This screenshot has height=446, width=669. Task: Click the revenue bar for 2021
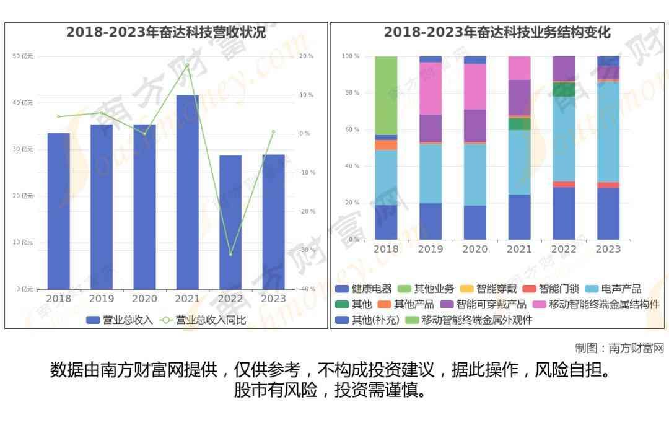point(188,192)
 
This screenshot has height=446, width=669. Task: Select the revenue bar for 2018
point(59,211)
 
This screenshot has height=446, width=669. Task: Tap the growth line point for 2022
point(230,255)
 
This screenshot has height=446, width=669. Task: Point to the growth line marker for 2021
point(187,64)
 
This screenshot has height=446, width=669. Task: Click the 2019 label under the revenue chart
point(102,299)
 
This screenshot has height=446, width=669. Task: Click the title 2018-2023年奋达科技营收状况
point(166,32)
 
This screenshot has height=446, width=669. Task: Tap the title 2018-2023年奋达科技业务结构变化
point(497,32)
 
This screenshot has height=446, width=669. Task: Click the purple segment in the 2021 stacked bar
point(519,97)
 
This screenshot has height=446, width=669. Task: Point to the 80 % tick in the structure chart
point(351,93)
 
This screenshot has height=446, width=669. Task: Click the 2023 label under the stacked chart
point(608,249)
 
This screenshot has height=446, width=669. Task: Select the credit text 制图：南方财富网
point(619,348)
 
